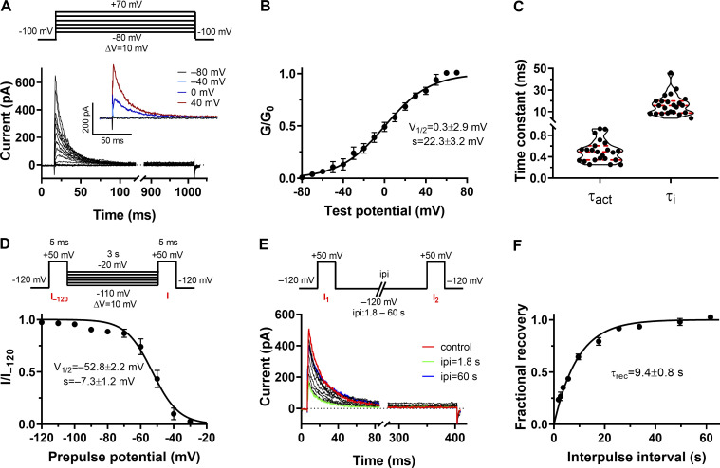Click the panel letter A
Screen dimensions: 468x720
[x=8, y=9]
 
